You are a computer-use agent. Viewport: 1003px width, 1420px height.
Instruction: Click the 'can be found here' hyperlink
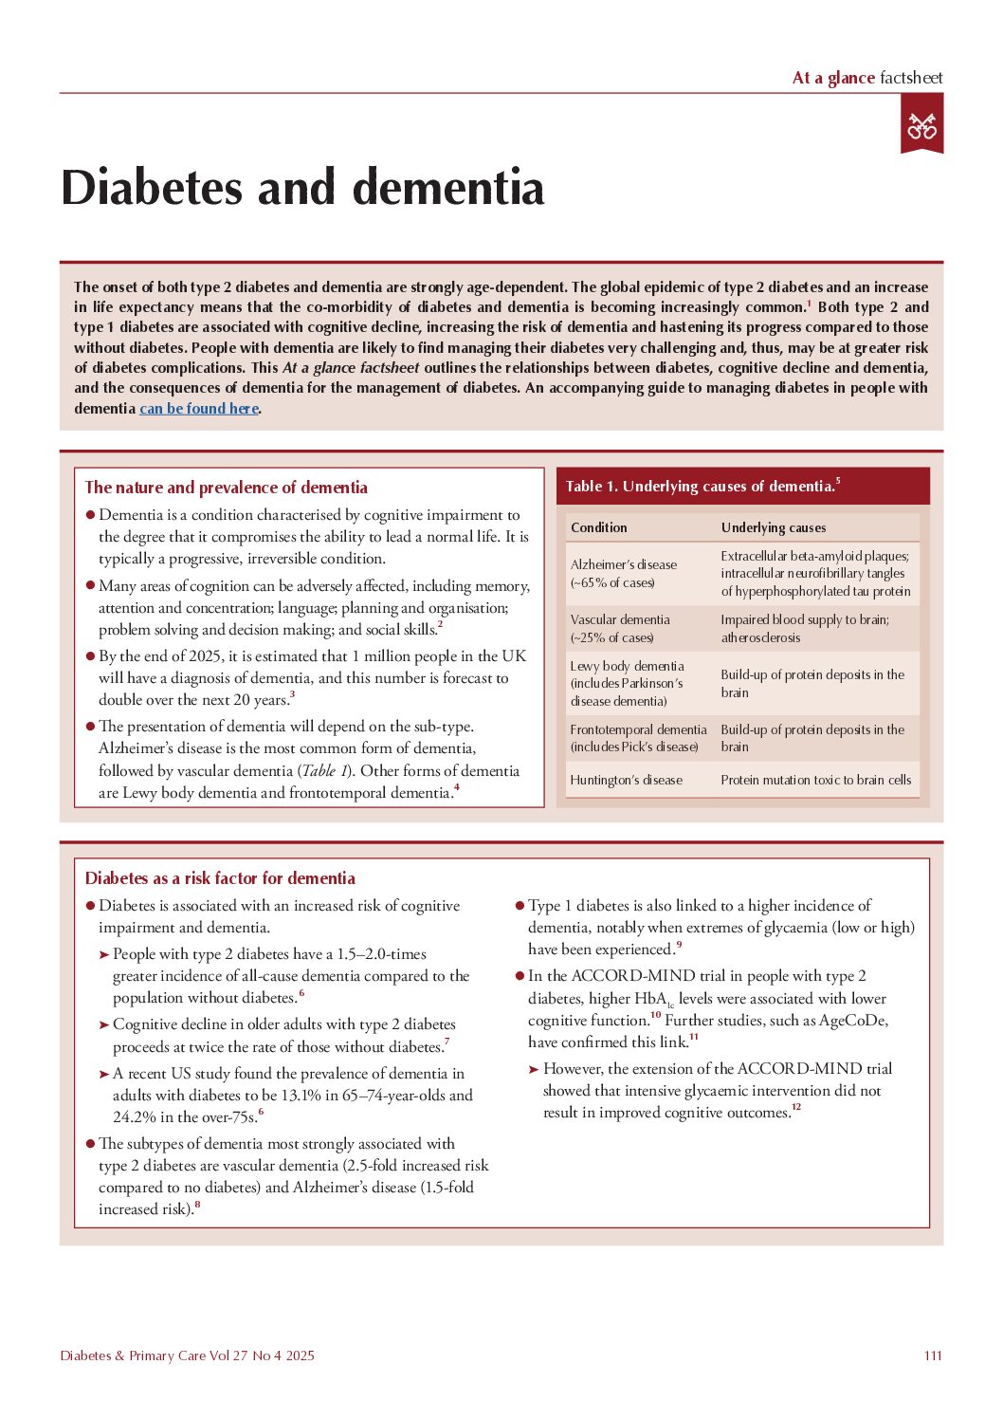(x=199, y=409)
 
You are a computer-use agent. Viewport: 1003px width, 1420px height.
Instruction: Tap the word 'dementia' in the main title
(x=448, y=187)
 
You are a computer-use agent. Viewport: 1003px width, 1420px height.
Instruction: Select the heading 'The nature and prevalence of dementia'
(x=226, y=488)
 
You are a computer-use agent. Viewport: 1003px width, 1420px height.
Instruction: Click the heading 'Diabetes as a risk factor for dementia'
(x=220, y=878)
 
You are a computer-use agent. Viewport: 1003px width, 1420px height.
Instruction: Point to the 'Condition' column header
(x=598, y=527)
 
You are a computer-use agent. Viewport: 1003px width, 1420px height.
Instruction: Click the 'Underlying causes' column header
(x=773, y=527)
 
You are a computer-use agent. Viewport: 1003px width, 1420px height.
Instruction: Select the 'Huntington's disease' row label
(x=626, y=780)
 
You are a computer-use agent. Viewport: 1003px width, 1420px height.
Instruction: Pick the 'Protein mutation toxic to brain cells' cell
(x=815, y=780)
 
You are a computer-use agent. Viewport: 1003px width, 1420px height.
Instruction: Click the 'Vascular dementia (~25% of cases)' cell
(x=620, y=628)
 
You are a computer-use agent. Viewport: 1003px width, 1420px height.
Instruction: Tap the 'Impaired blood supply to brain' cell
(x=804, y=628)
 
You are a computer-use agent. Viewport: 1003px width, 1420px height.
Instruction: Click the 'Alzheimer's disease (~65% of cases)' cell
(x=623, y=573)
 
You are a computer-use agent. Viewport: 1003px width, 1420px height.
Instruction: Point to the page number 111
(x=933, y=1355)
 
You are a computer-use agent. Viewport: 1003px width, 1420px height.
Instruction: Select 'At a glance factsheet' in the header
(x=866, y=78)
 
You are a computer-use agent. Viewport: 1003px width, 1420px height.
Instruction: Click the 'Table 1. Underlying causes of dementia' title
(x=702, y=487)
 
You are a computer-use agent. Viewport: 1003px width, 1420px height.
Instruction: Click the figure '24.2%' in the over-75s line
(x=134, y=1117)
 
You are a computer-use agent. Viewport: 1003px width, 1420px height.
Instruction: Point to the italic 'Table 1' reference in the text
(x=324, y=771)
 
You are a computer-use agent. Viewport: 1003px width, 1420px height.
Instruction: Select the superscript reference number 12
(x=796, y=1107)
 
